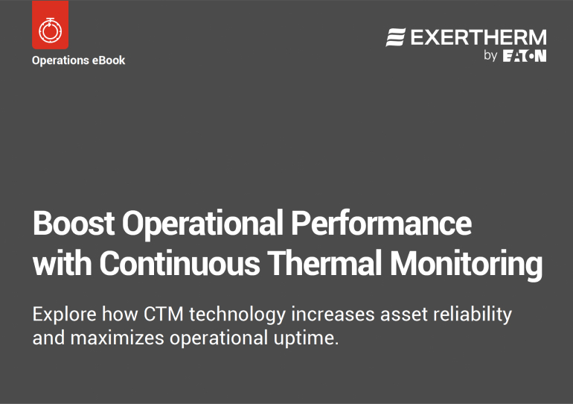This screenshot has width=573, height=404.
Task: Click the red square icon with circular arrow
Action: point(51,25)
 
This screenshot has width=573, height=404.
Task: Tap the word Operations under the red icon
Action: point(60,60)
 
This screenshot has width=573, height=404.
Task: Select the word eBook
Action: point(109,60)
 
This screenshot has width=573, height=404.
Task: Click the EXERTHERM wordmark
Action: point(478,37)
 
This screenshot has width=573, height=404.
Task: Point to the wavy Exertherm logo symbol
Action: point(396,37)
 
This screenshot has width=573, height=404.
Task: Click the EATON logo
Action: point(525,56)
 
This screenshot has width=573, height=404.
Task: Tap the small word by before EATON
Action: point(490,56)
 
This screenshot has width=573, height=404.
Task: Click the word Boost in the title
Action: point(74,223)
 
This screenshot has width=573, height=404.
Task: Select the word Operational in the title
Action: point(202,224)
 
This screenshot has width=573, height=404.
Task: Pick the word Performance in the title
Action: point(381,223)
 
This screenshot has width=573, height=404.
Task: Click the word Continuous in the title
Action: point(179,262)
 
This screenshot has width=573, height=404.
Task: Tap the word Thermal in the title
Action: point(325,262)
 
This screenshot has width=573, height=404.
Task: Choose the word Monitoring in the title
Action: point(467,264)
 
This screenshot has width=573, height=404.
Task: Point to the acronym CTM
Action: point(164,315)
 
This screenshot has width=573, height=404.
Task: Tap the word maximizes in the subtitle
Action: point(117,338)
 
